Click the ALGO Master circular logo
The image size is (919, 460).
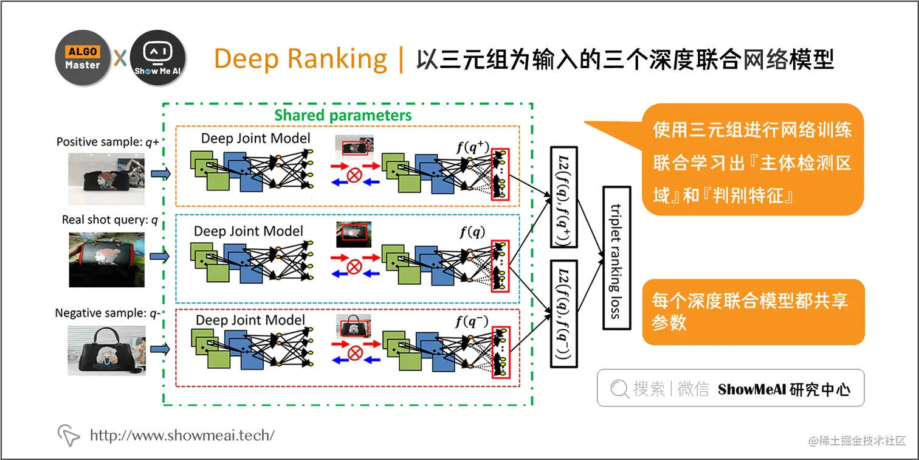pos(83,58)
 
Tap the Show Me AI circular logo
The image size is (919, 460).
pos(158,58)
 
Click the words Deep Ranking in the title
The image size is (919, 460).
pos(300,59)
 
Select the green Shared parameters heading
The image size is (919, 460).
pos(343,115)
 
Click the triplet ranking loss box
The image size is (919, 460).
pos(616,257)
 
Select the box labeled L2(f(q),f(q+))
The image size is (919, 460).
pos(563,197)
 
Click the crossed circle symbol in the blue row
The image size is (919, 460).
pos(354,266)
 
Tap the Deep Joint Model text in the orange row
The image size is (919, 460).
pos(255,138)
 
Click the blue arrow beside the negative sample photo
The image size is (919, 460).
pos(160,349)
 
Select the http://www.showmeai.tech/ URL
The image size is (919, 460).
pos(182,435)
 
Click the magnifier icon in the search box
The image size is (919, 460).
pos(619,389)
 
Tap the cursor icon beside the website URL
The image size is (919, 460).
pos(69,434)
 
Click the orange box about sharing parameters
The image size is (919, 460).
pos(752,312)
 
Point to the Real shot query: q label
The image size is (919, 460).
pos(109,220)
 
